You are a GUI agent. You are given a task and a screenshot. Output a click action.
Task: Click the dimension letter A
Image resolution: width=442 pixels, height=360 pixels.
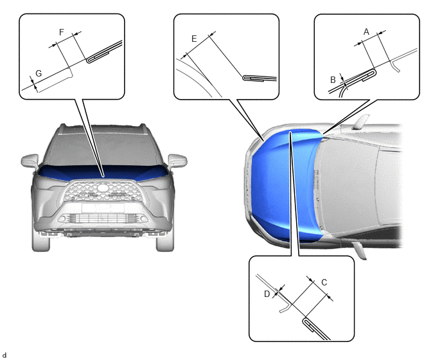point(366,32)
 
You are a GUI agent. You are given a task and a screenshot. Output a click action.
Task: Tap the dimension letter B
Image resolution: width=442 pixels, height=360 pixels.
point(333,80)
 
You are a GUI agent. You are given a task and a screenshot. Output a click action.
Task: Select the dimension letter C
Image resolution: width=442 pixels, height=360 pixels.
point(324,282)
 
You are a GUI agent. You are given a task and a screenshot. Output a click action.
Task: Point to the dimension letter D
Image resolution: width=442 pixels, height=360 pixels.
point(267,294)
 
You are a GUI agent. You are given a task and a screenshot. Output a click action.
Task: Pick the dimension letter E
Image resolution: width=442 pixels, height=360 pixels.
point(194,39)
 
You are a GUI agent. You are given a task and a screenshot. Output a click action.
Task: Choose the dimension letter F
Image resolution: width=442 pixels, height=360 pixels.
point(62,32)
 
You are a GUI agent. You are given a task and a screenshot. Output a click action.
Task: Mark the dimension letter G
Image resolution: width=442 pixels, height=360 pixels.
point(39,73)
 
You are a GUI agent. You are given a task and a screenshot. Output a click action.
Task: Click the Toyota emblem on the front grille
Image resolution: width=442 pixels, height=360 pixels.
point(103,188)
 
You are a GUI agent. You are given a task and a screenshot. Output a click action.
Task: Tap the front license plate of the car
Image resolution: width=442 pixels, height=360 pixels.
point(103,208)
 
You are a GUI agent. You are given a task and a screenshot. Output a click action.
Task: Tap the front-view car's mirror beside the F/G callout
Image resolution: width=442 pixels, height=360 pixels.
point(30,160)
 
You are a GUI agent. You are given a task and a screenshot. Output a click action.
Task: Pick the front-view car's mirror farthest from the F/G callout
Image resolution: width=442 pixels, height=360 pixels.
point(177,161)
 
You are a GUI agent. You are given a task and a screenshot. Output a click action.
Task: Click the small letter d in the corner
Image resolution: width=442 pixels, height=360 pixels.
point(4,355)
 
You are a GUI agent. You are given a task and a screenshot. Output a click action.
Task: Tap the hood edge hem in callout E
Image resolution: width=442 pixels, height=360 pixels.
point(260,78)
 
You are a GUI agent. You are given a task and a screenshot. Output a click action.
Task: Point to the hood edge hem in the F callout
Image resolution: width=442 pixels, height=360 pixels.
point(103,51)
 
